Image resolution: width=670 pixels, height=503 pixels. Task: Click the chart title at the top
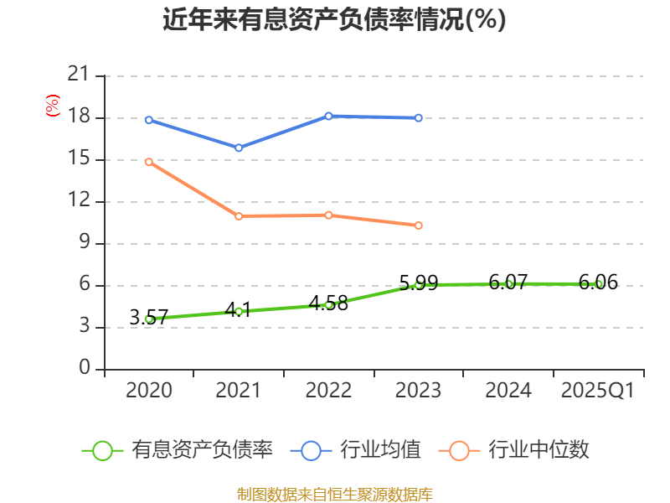point(334,19)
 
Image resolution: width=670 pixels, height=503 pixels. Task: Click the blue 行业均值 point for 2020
point(149,120)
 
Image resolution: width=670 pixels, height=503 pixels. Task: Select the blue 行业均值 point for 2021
point(239,148)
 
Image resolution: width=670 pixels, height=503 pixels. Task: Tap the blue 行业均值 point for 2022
point(328,116)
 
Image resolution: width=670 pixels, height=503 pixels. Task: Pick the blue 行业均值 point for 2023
point(419,118)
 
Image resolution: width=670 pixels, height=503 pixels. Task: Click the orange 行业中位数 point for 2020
point(149,162)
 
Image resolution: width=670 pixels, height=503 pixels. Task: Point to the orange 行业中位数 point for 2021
point(239,216)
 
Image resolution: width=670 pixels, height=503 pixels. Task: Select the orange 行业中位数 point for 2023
point(419,226)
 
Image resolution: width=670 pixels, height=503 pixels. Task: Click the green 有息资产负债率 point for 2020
point(149,319)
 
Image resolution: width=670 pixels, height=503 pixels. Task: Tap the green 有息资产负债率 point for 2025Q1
point(599,284)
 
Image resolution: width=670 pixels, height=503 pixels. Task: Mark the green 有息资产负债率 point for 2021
point(239,311)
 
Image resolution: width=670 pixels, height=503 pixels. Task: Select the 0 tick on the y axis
point(84,369)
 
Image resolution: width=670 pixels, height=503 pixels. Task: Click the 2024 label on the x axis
point(508,391)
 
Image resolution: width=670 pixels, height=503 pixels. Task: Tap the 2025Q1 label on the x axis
point(598,391)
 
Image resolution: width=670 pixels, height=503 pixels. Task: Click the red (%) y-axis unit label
point(53,106)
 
